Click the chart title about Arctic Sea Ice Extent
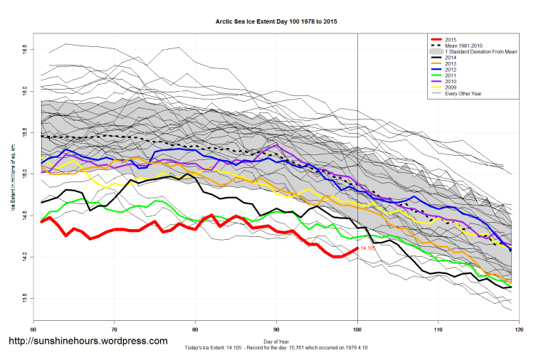(277, 22)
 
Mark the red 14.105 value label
(368, 248)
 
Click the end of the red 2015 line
(357, 248)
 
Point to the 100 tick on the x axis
(357, 330)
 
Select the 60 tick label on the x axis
(33, 330)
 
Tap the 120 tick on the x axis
(519, 330)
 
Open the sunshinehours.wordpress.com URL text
(88, 341)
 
